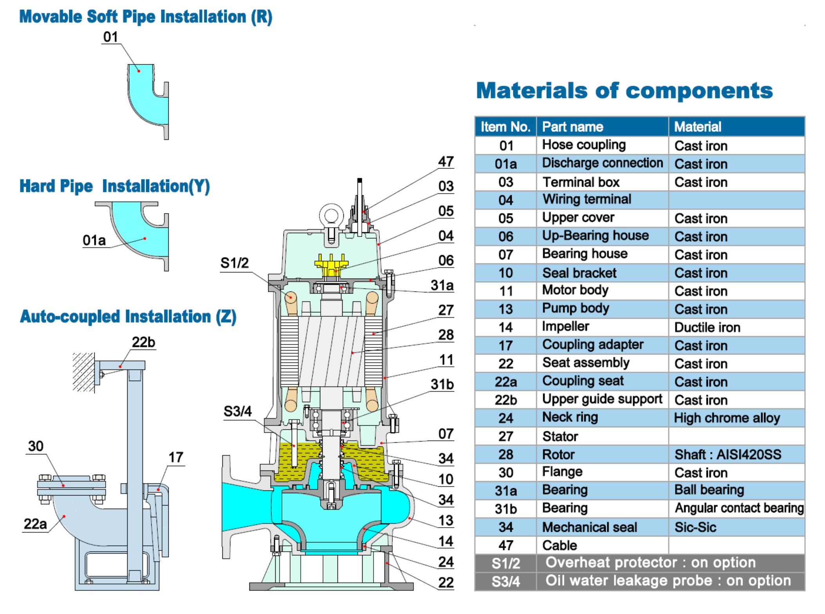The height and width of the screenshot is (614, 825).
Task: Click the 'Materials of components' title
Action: click(x=624, y=91)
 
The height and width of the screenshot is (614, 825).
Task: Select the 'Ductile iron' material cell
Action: click(x=707, y=327)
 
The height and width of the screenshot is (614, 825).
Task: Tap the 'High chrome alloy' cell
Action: click(x=726, y=418)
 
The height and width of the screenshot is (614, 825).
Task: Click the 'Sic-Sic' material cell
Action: click(x=695, y=527)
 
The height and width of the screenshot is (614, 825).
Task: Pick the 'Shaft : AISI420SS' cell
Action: click(x=728, y=454)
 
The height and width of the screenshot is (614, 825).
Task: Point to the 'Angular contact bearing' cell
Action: click(x=738, y=508)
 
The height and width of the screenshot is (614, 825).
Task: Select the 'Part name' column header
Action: click(x=572, y=127)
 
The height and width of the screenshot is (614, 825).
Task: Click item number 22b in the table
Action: click(x=505, y=400)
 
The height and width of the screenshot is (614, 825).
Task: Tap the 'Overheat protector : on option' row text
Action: click(x=650, y=562)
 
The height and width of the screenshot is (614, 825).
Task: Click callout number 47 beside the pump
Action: click(x=446, y=162)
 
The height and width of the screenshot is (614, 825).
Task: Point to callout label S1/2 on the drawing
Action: click(x=234, y=263)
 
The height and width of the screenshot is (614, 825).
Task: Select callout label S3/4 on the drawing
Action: click(x=237, y=412)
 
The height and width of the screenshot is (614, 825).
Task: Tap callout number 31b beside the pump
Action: click(x=442, y=385)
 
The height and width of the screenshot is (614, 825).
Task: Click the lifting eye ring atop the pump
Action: click(x=331, y=215)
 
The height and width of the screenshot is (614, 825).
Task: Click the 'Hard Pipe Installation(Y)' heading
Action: click(x=114, y=186)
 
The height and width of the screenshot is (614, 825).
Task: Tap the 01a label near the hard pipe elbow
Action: click(x=94, y=240)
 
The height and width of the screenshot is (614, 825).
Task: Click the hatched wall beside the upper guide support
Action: click(x=83, y=372)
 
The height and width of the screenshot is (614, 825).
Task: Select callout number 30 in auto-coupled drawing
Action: click(x=36, y=446)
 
